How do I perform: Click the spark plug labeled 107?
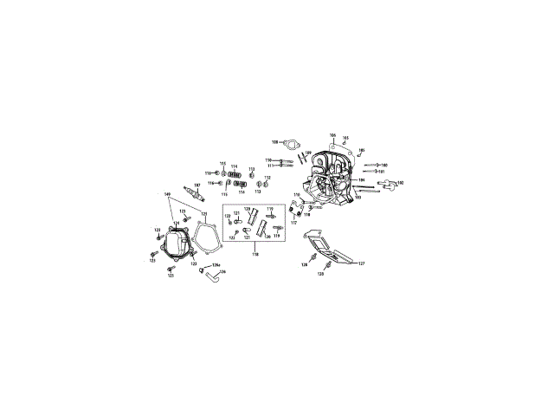click(191, 196)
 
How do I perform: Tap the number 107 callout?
click(196, 185)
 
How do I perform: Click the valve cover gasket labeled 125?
click(206, 235)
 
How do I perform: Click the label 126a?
click(216, 264)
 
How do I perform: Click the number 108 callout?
click(275, 141)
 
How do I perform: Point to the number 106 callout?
click(332, 136)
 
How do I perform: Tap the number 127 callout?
click(362, 263)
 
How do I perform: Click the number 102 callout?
click(400, 183)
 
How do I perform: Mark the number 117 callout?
click(293, 223)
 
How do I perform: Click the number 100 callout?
click(383, 165)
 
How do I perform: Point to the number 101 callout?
click(381, 172)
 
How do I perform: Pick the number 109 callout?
click(308, 153)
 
